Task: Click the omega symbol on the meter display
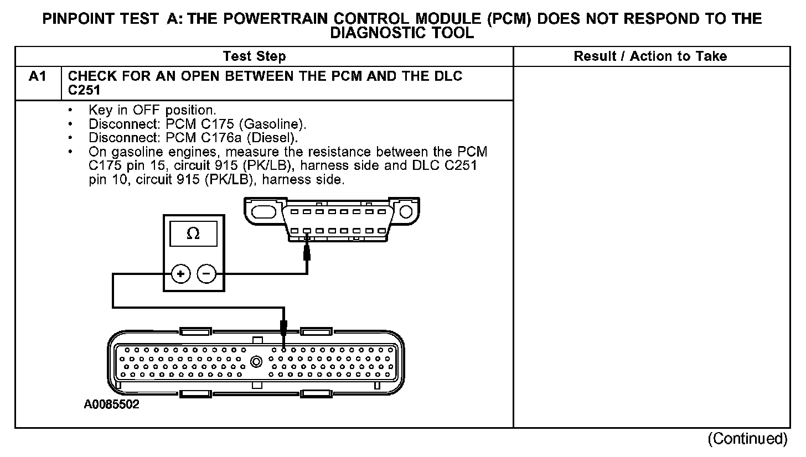[193, 234]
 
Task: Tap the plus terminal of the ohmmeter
[180, 274]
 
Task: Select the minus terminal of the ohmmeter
[206, 274]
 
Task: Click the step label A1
[38, 76]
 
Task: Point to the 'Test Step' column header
[254, 56]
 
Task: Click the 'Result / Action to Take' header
[650, 56]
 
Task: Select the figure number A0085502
[112, 404]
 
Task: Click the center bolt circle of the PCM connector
[256, 362]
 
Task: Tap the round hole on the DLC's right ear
[406, 211]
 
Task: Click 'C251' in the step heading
[84, 90]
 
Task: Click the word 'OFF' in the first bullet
[142, 110]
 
